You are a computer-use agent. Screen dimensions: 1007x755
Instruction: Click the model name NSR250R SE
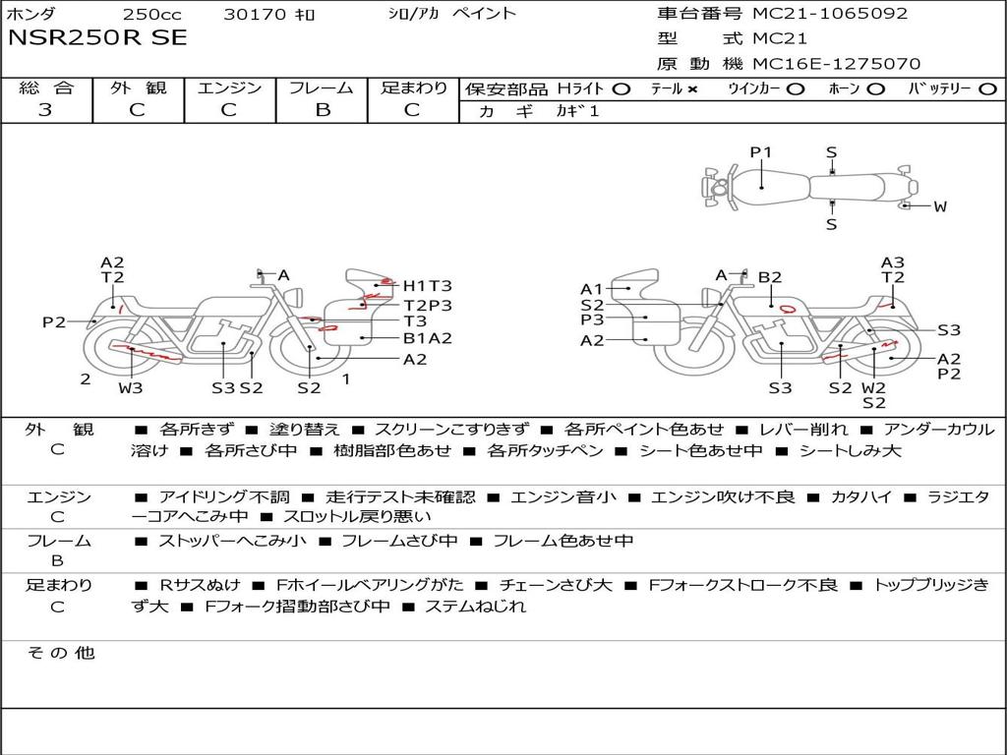coord(97,38)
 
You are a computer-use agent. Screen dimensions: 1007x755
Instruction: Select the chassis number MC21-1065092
coord(830,14)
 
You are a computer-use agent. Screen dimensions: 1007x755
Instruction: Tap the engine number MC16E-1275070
coord(836,64)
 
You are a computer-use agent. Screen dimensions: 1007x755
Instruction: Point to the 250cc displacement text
coord(152,14)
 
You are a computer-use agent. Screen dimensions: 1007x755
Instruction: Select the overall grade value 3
coord(45,110)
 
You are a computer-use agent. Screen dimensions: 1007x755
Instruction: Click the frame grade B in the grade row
coord(323,110)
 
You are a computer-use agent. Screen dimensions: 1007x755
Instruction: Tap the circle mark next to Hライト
coord(621,89)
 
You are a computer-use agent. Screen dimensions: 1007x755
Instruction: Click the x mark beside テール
coord(691,89)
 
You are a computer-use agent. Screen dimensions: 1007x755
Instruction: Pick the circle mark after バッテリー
coord(987,89)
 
